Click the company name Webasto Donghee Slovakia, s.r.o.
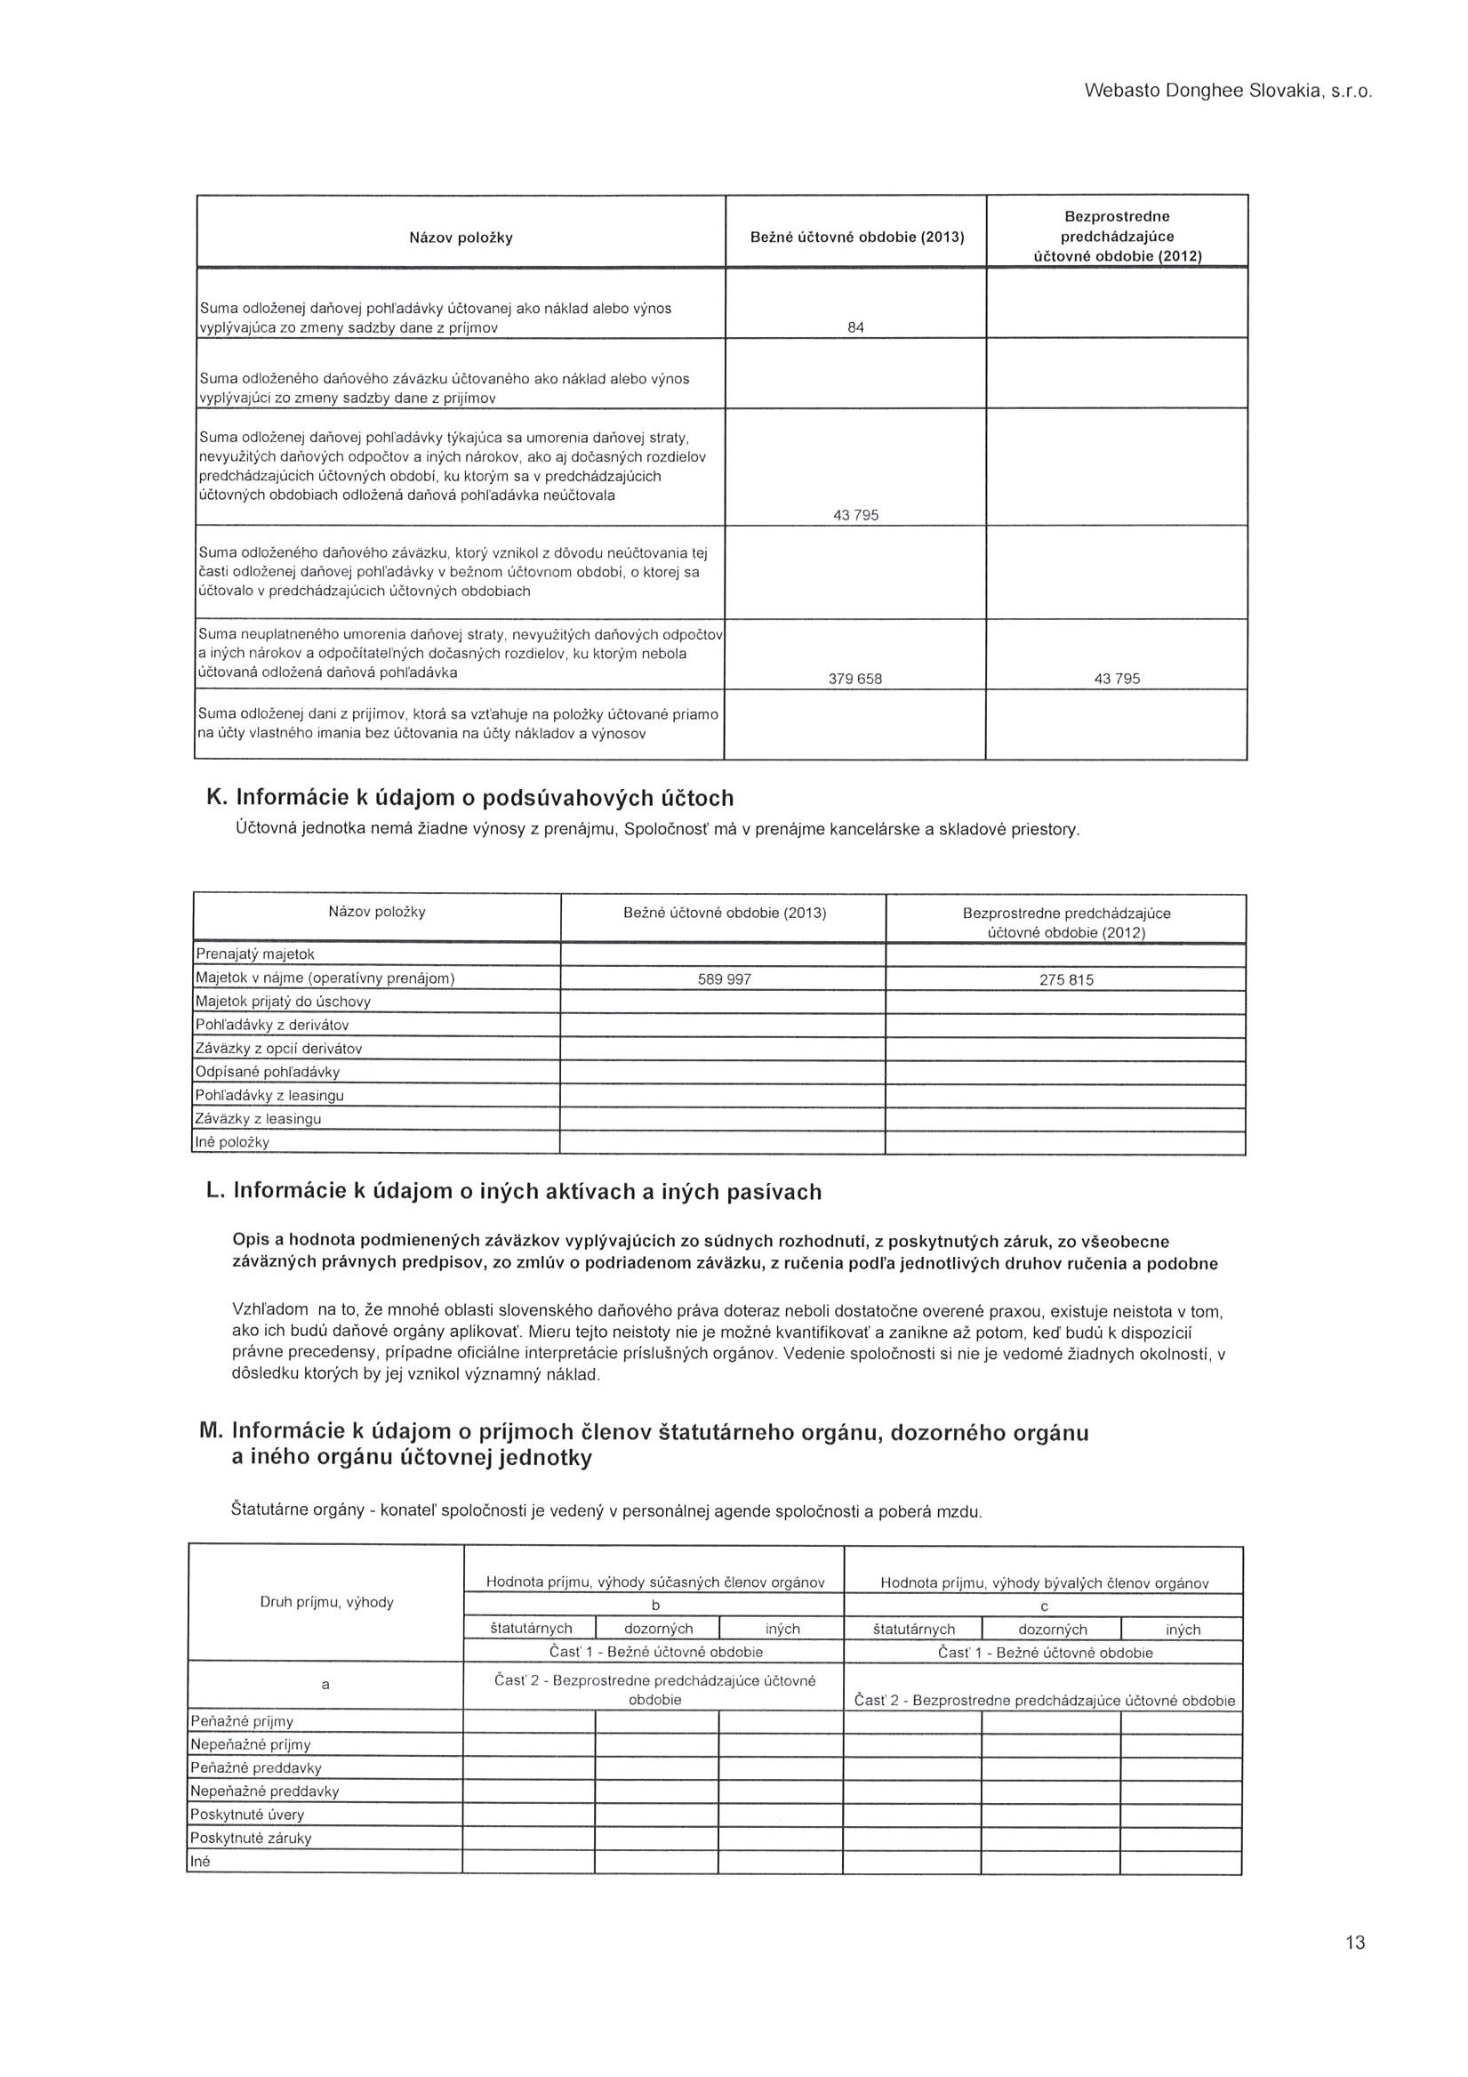1228,92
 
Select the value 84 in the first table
855,327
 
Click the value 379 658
854,680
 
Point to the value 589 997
725,978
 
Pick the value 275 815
1066,979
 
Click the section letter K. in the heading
217,798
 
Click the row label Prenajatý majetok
255,954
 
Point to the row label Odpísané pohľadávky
268,1072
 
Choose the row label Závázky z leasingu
259,1119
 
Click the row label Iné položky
233,1142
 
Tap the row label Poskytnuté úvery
247,1815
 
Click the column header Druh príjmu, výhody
325,1602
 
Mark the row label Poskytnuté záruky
251,1839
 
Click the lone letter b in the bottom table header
657,1606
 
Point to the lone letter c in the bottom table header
1045,1606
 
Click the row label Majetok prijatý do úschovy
283,1002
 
